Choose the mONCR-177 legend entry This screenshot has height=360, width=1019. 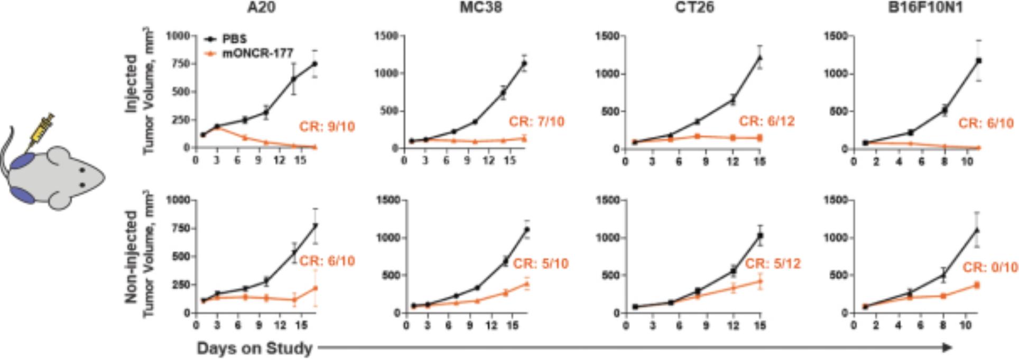point(257,53)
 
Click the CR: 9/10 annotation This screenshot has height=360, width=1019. point(327,127)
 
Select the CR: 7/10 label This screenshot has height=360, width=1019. point(536,122)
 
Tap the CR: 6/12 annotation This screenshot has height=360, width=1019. point(766,122)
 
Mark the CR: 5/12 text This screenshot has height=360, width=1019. point(773,263)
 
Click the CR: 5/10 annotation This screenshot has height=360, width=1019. point(541,263)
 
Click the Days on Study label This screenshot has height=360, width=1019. point(254,348)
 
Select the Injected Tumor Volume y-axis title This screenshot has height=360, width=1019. point(139,90)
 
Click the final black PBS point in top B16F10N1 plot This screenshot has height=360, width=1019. point(978,61)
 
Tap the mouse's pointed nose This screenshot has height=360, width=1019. point(104,178)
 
